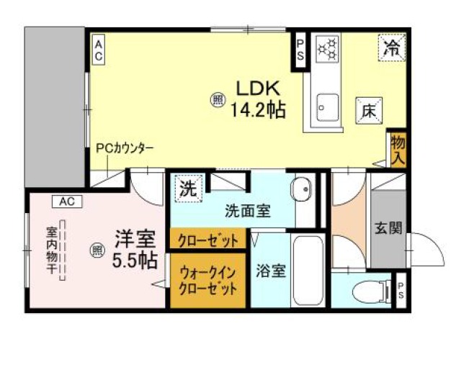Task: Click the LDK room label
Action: [x=259, y=89]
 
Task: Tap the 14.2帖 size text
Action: [x=258, y=109]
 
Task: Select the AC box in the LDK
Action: [x=99, y=50]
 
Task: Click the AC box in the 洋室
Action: [x=67, y=201]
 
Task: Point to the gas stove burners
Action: [x=328, y=48]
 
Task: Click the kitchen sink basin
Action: [x=328, y=107]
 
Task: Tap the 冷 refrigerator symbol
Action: [x=392, y=48]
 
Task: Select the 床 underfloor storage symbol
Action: [x=369, y=111]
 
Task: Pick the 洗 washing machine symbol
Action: [x=189, y=189]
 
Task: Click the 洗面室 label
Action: [x=248, y=211]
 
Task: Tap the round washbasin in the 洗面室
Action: [x=301, y=189]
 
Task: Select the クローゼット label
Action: [x=208, y=240]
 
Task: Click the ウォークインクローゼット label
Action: [x=207, y=281]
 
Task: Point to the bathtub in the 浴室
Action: [x=308, y=270]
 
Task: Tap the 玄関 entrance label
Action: [x=388, y=228]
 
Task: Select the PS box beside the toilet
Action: [x=401, y=290]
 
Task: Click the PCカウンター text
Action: [x=125, y=149]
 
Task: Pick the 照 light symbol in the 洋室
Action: [x=97, y=250]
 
